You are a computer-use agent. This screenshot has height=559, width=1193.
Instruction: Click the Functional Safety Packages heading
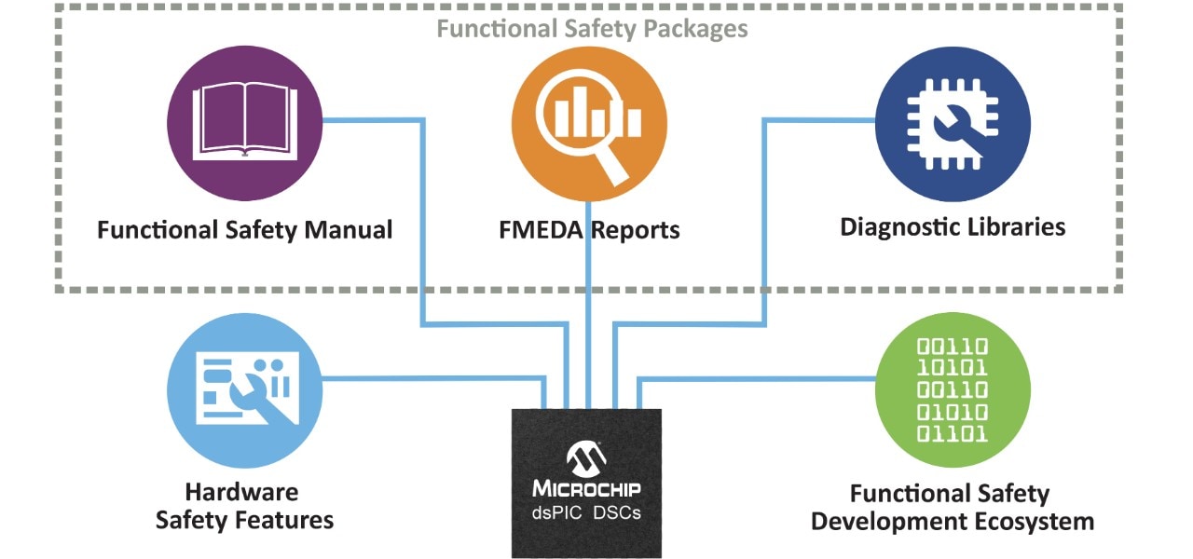coord(592,29)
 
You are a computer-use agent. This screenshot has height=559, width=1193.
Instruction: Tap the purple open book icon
coord(244,121)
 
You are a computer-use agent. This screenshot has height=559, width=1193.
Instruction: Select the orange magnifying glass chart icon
coord(589,121)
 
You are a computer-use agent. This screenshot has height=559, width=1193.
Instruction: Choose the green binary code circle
coord(953,389)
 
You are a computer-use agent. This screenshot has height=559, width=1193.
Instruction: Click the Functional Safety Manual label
coord(244,229)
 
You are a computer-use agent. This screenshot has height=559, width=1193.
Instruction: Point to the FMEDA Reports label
coord(588,229)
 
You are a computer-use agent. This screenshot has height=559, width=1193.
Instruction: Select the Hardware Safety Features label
coord(244,506)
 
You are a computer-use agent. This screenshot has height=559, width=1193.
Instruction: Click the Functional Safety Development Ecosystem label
coord(952,508)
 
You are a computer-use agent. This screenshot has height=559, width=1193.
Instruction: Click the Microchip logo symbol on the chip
coord(586,457)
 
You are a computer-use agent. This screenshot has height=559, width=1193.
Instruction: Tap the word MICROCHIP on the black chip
coord(586,488)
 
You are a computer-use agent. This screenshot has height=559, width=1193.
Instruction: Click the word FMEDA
coord(541,229)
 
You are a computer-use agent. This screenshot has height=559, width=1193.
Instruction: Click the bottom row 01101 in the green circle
coord(953,433)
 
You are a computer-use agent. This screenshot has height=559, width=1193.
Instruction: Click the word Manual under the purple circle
coord(348,229)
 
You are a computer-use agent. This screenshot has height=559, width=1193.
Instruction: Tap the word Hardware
coord(241,492)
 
